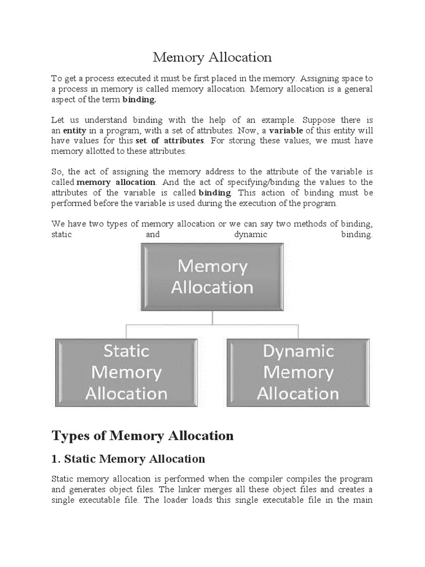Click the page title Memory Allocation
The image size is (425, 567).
pos(212,57)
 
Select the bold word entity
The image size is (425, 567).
pos(74,130)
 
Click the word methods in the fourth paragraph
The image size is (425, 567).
pos(315,224)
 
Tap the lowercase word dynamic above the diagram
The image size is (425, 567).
pos(250,234)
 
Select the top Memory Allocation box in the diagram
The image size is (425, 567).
pos(212,277)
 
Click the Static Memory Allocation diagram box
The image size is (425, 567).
pos(126,372)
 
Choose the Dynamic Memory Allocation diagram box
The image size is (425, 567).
pos(298,372)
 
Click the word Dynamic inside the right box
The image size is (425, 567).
pos(298,352)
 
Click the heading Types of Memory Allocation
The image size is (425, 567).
pos(142,436)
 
